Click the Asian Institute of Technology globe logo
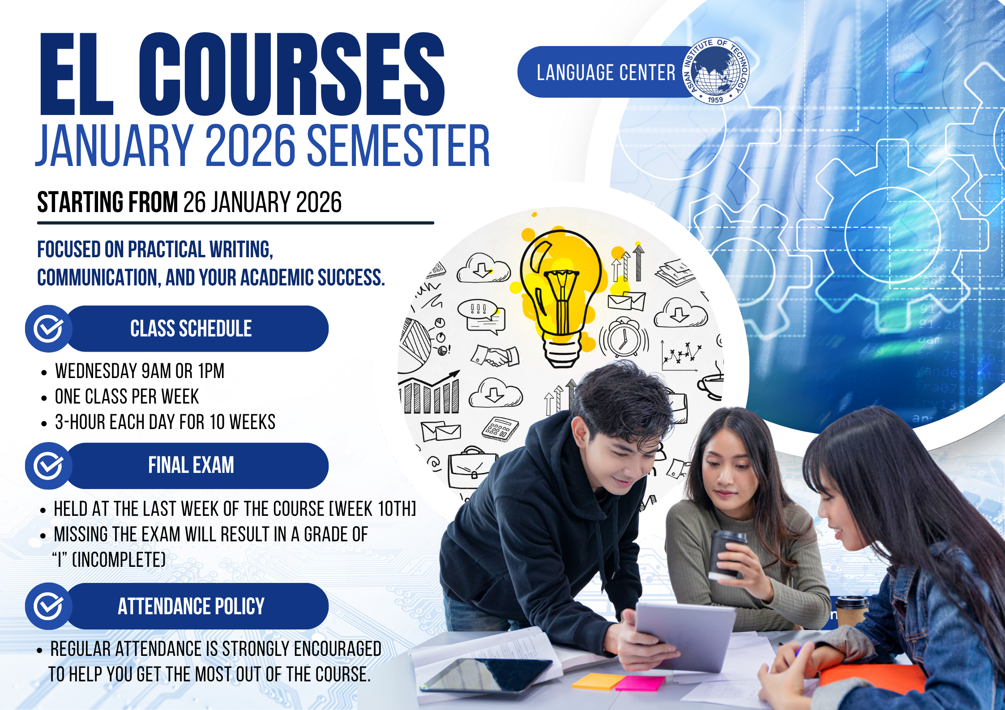click(715, 71)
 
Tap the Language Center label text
click(606, 72)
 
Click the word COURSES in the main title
click(292, 74)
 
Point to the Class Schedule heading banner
click(197, 328)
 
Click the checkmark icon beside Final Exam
click(48, 466)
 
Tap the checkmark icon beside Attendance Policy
click(48, 606)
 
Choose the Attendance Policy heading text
click(191, 606)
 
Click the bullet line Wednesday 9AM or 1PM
click(140, 371)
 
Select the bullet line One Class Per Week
click(127, 396)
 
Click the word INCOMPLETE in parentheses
click(119, 559)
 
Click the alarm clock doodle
click(624, 337)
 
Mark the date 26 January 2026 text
click(262, 202)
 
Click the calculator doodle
click(500, 429)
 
